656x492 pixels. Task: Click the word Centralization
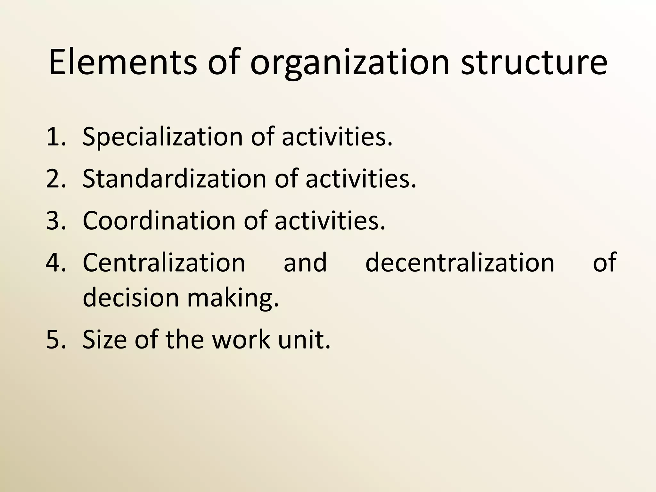pyautogui.click(x=164, y=262)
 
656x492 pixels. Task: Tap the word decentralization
pyautogui.click(x=460, y=262)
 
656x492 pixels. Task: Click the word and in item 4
pyautogui.click(x=305, y=262)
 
